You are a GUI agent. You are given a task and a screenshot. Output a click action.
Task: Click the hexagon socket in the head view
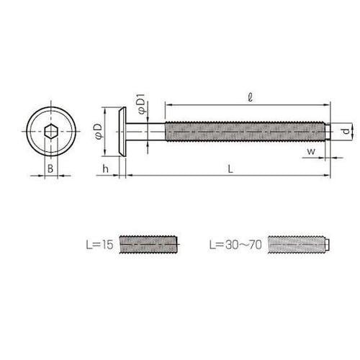[51, 132]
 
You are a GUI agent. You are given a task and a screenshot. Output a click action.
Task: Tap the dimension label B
[50, 168]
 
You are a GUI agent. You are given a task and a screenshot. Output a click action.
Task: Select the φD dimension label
[99, 131]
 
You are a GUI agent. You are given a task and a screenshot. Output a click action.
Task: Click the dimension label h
[105, 168]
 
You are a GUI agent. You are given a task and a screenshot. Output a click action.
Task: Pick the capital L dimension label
[230, 169]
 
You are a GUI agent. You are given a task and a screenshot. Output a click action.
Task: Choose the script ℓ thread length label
[250, 97]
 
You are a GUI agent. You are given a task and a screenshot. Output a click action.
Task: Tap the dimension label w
[311, 152]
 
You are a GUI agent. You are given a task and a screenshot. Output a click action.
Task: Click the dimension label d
[345, 131]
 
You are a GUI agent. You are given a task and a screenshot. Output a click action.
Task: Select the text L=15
[99, 245]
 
